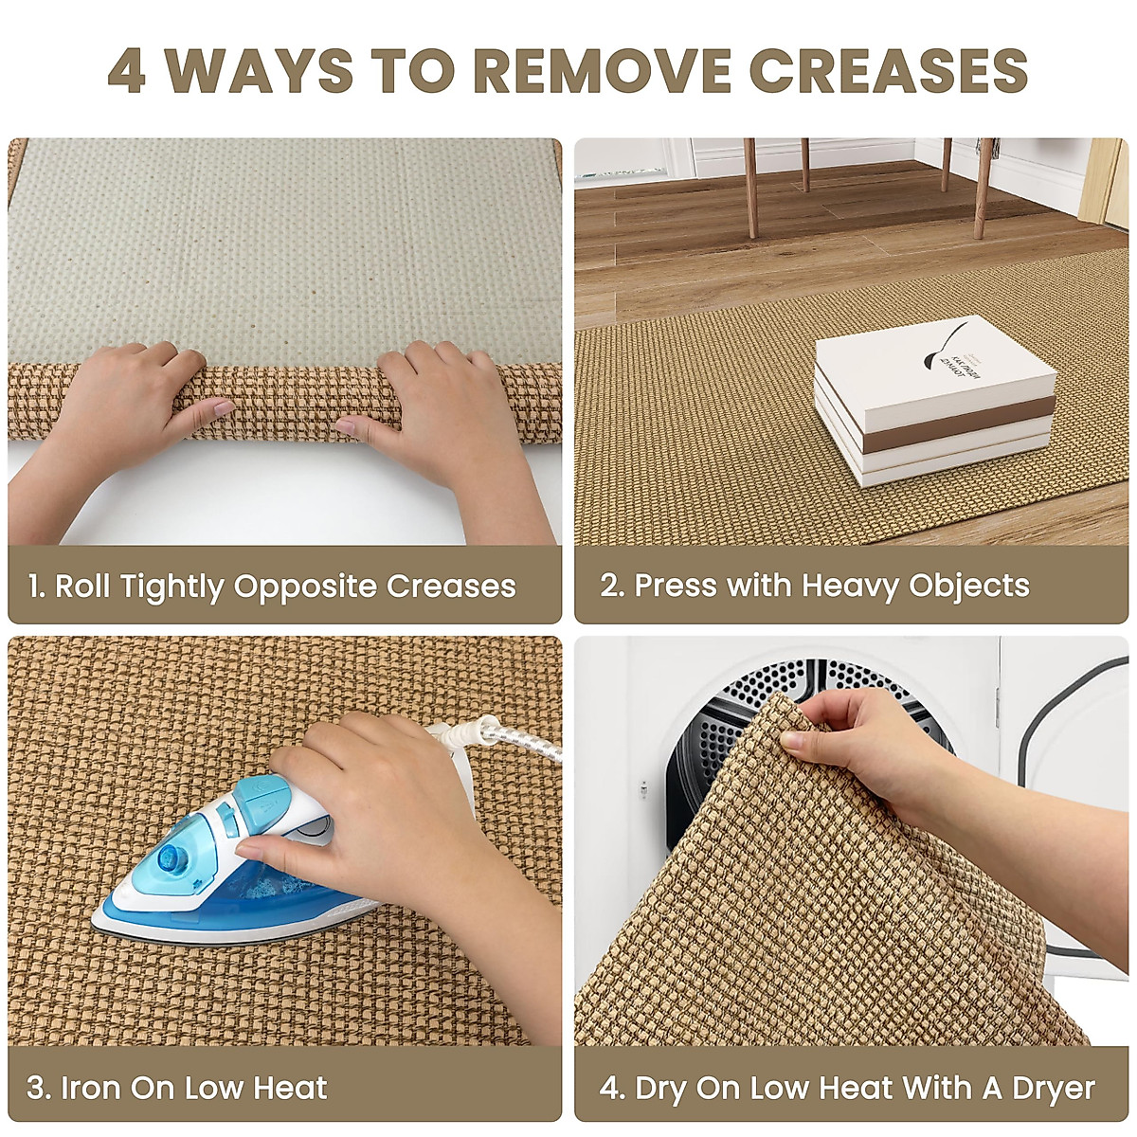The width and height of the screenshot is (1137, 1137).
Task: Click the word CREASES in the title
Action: [888, 70]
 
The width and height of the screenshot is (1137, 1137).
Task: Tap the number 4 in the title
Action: [127, 70]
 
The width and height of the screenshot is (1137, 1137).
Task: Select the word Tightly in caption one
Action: [171, 586]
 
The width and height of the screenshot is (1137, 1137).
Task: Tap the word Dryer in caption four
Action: [1052, 1088]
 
